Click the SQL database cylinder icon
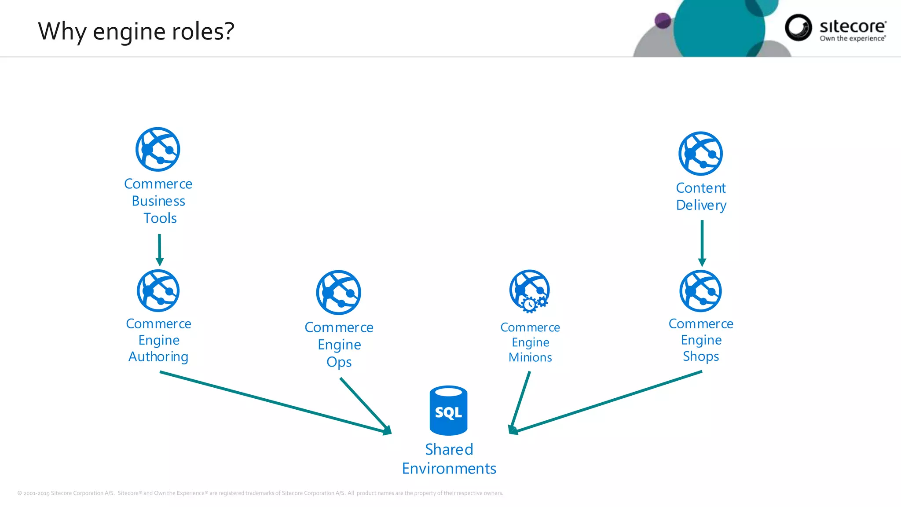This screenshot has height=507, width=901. click(x=448, y=410)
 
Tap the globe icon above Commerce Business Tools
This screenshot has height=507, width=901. click(x=158, y=149)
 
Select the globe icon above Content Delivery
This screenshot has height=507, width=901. click(x=700, y=154)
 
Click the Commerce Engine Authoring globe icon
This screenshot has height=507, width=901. click(x=158, y=291)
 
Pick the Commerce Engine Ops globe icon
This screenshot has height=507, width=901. click(x=339, y=293)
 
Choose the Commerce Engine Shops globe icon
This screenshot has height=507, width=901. click(x=701, y=291)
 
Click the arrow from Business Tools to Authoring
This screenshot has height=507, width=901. click(x=160, y=249)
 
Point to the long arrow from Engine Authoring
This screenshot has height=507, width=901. click(x=273, y=402)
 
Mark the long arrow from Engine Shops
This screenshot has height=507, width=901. click(x=607, y=403)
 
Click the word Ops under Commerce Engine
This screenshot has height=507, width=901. click(x=339, y=362)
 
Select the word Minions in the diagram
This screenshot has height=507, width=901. click(x=530, y=357)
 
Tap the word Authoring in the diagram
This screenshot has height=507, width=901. click(x=158, y=356)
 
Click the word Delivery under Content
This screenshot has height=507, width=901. click(x=701, y=206)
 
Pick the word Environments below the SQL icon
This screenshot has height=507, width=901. click(x=449, y=469)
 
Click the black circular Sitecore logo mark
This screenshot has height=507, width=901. click(x=798, y=27)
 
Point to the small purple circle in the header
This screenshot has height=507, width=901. click(x=663, y=20)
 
